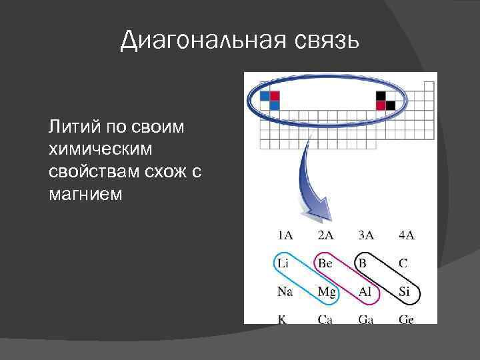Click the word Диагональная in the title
[x=203, y=41]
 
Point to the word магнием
[x=85, y=194]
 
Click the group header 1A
[x=285, y=235]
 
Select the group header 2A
[x=325, y=235]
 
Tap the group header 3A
[x=366, y=235]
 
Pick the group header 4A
[x=406, y=235]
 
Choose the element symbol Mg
[x=327, y=291]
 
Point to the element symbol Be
[x=325, y=263]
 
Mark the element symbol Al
[x=366, y=291]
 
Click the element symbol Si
[x=404, y=291]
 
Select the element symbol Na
[x=284, y=291]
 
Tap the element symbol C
[x=403, y=263]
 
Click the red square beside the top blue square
[x=275, y=96]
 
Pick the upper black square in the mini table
[x=381, y=96]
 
